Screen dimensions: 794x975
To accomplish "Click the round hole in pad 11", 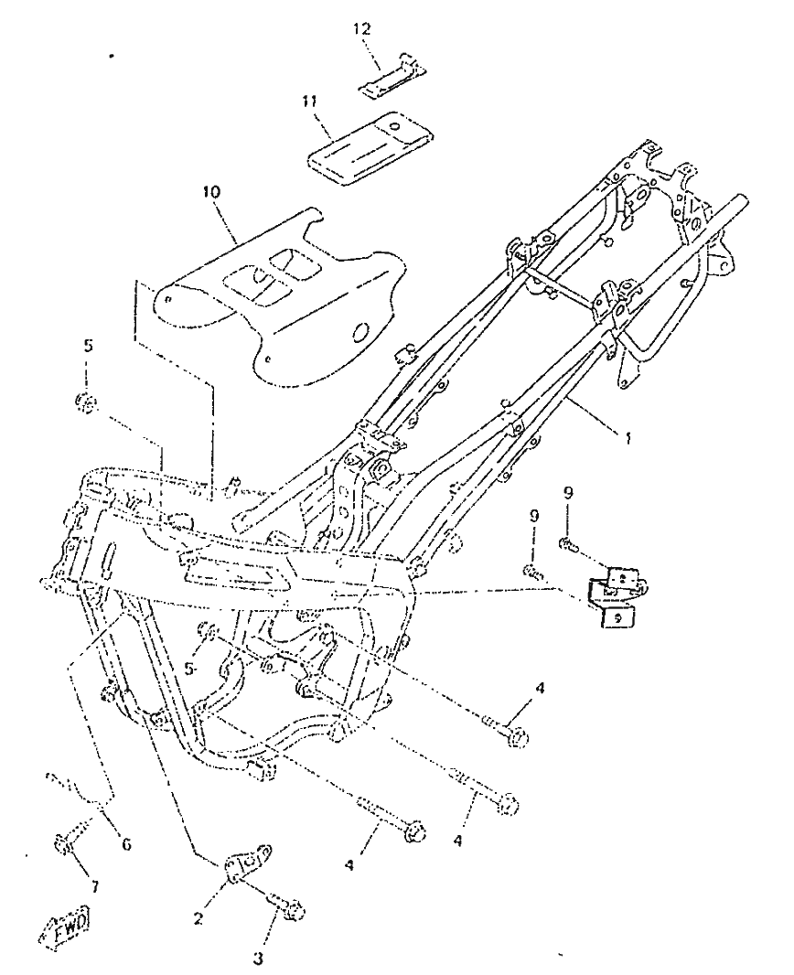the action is point(393,126).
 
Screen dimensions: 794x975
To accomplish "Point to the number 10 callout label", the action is point(211,191).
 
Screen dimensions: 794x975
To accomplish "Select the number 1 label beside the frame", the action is point(628,439).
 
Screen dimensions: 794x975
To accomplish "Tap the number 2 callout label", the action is point(198,917).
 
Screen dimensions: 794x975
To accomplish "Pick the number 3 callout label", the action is point(257,959).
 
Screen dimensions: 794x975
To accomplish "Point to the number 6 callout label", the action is point(127,844).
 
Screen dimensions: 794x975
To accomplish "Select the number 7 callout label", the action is point(95,886).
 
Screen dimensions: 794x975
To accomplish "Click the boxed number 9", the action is point(617,618).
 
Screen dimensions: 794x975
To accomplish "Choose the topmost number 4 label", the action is point(540,688).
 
